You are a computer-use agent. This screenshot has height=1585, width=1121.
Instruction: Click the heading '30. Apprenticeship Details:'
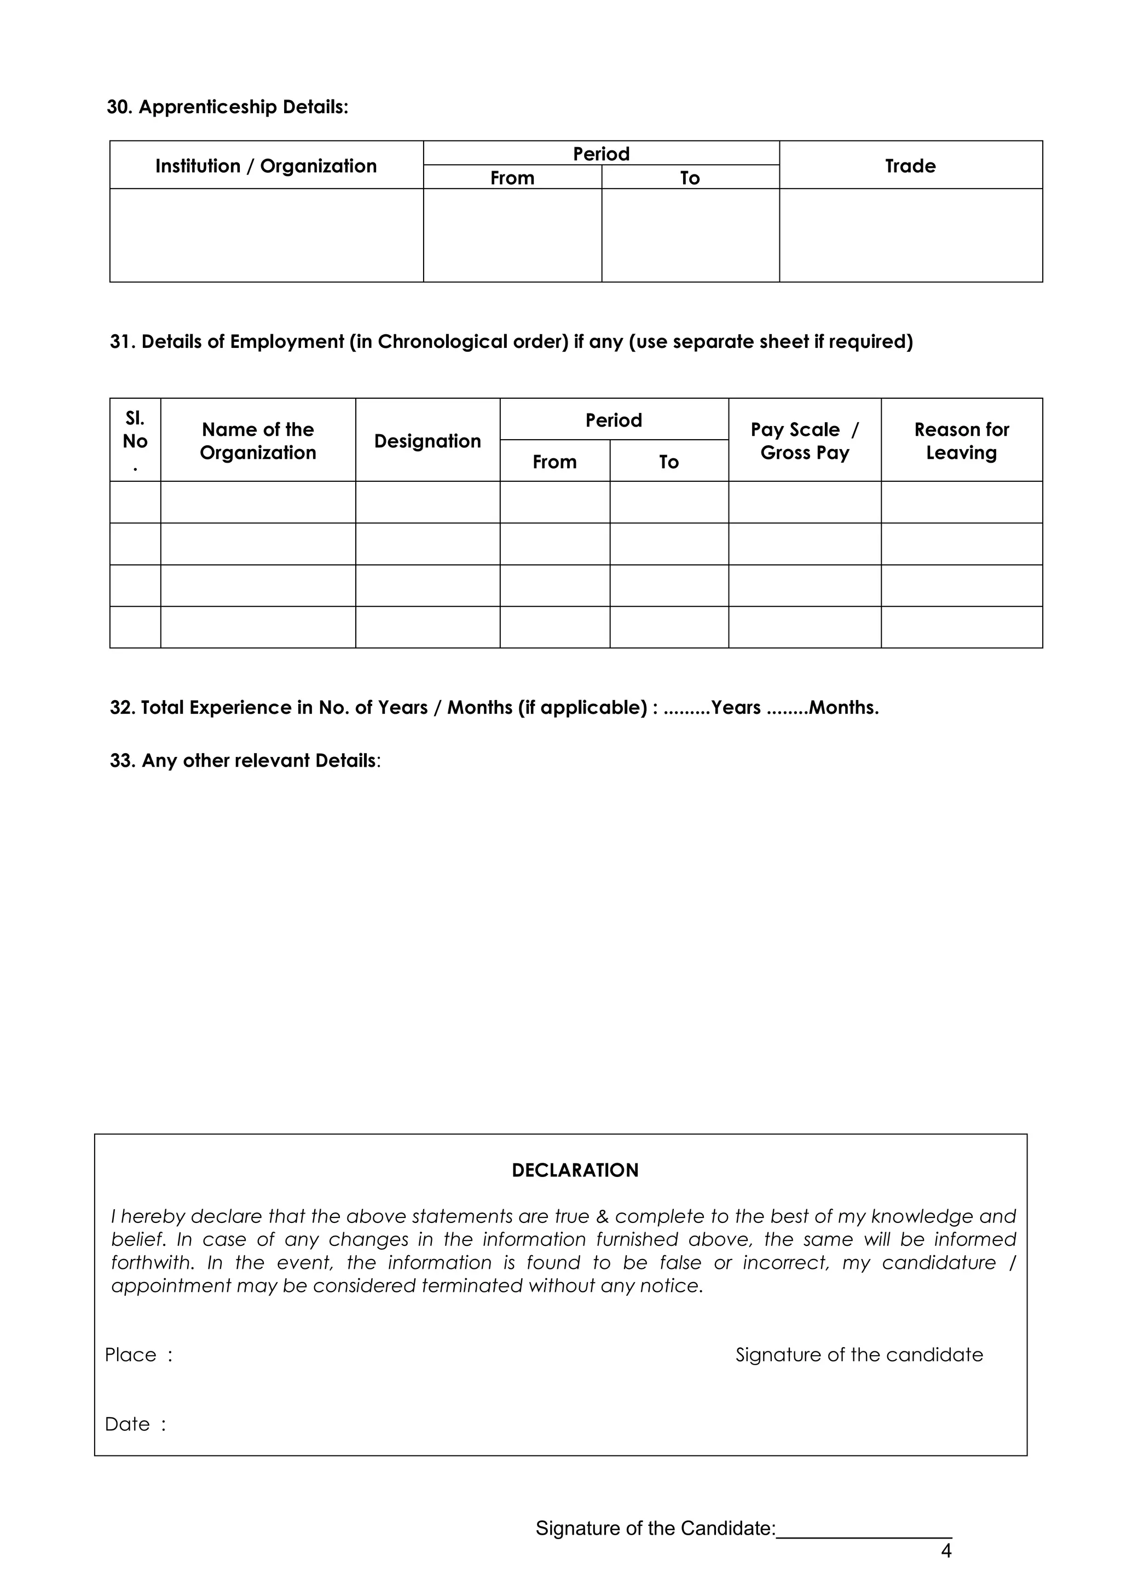227,107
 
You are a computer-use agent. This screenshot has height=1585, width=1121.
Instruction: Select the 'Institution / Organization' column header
266,166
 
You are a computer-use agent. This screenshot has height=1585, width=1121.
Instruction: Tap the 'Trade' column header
910,166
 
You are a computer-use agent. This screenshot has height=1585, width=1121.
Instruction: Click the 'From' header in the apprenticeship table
512,178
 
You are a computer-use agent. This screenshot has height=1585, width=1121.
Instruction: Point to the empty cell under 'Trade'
910,235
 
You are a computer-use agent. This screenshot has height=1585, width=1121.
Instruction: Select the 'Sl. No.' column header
135,440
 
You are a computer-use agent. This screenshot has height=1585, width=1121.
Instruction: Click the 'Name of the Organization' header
258,440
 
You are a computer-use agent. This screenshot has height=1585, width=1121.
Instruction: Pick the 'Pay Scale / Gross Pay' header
804,440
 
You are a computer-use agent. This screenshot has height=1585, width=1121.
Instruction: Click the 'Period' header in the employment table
614,421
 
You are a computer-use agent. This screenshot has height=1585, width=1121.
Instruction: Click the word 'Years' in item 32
736,708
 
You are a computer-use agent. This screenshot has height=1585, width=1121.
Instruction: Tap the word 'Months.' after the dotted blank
843,708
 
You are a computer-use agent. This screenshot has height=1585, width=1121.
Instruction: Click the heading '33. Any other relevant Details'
245,761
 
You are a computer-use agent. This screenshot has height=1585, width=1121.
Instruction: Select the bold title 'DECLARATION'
575,1170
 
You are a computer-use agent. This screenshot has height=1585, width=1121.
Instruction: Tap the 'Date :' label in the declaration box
135,1424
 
